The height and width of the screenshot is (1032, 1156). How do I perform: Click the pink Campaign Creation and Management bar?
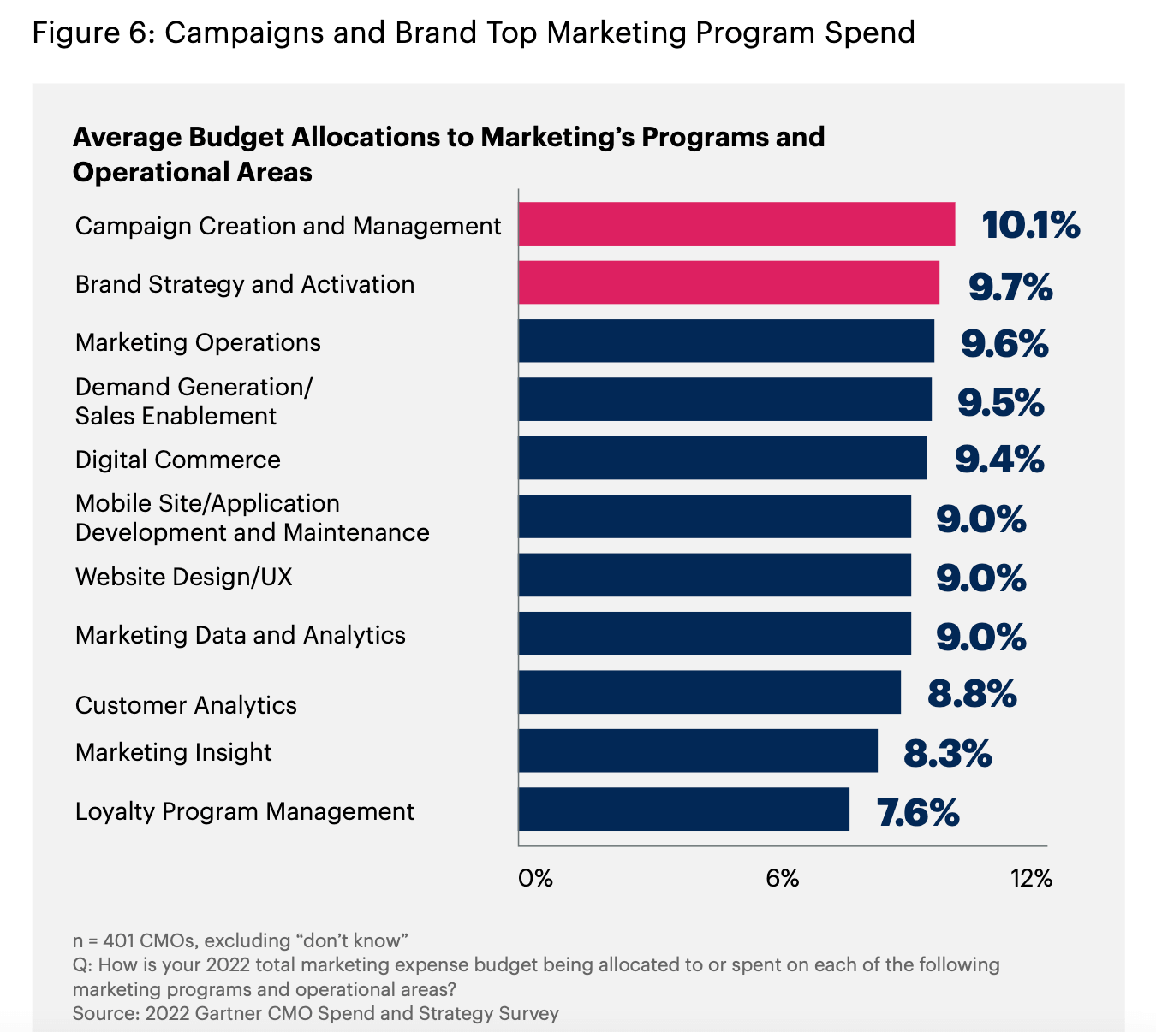click(736, 224)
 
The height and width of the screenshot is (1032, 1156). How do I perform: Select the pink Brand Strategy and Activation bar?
click(729, 282)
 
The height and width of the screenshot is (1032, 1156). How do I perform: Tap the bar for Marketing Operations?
click(726, 341)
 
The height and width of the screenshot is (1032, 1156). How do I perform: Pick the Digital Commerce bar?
click(722, 458)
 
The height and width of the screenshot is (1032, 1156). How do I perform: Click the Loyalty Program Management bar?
click(683, 810)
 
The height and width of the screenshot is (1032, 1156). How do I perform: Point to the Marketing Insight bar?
click(698, 750)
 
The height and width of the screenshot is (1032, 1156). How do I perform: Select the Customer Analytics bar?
click(709, 692)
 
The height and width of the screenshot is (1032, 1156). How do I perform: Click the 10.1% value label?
click(1030, 225)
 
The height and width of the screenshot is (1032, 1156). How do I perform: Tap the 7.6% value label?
click(917, 812)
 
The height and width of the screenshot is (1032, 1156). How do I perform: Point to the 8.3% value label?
click(947, 754)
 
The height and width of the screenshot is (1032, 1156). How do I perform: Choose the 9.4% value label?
click(999, 460)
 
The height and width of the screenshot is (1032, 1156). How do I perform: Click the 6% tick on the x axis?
click(782, 878)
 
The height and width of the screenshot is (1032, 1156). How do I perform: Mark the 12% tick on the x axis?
click(1031, 878)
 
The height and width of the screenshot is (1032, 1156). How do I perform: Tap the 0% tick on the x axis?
click(535, 878)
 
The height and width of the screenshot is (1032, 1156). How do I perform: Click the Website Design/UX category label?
click(183, 577)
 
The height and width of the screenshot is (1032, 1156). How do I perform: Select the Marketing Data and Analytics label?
click(240, 635)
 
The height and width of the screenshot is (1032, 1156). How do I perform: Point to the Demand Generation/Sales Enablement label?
click(194, 401)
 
